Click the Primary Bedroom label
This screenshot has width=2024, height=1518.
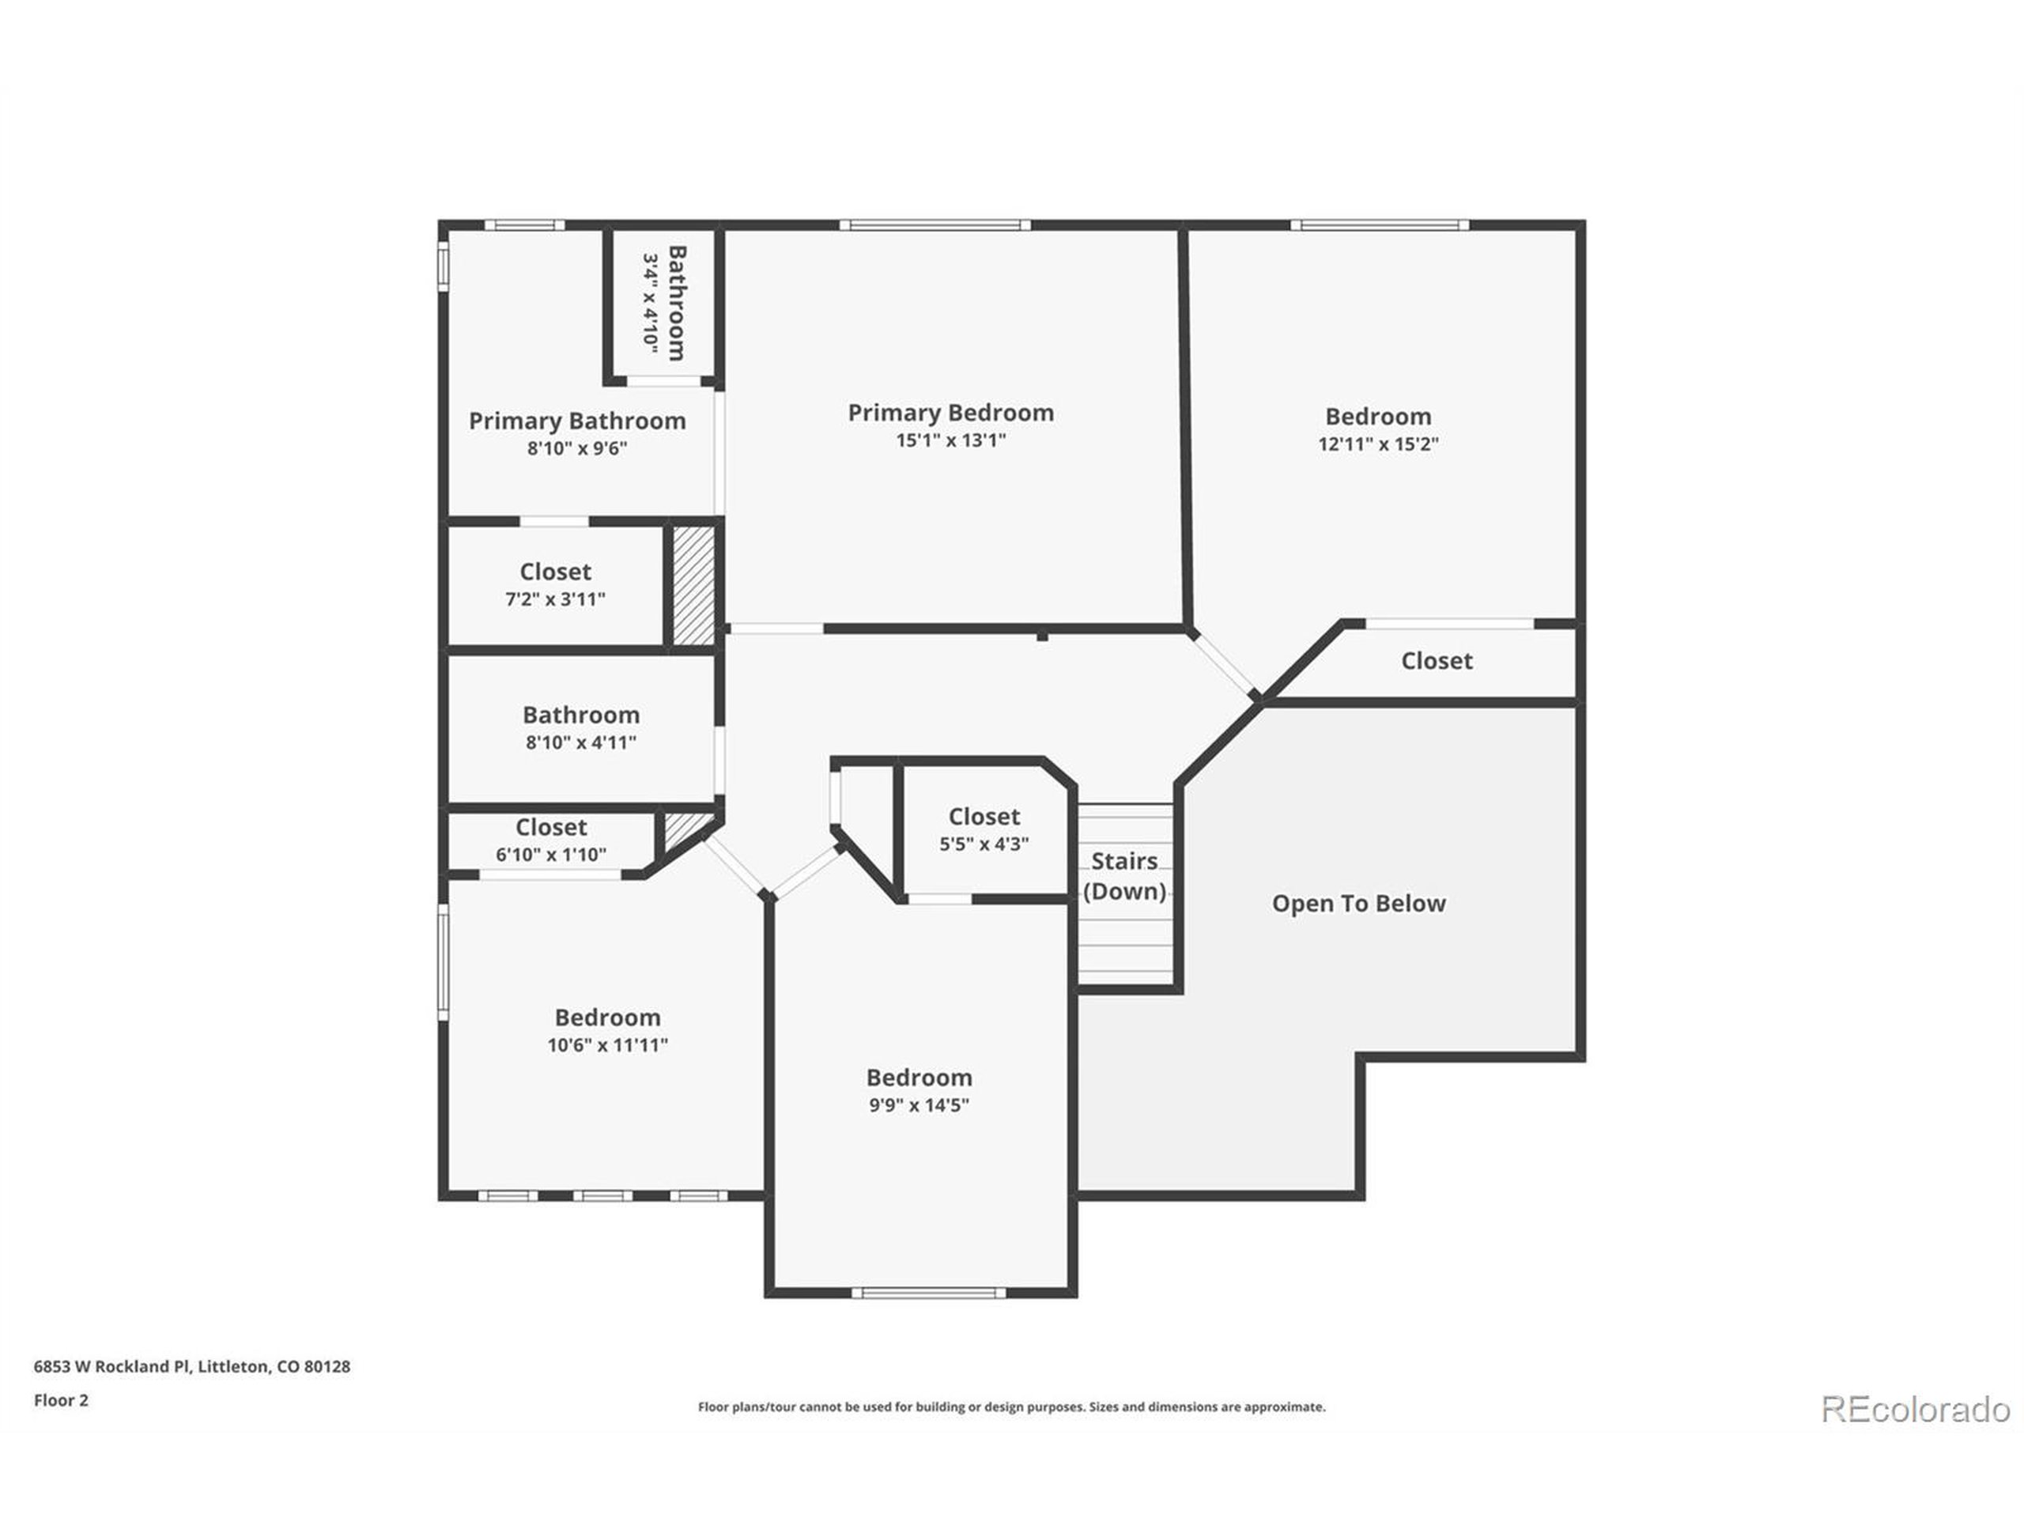tap(950, 413)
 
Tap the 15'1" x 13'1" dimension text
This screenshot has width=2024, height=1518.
tap(950, 440)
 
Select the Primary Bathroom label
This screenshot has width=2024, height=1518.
tap(576, 421)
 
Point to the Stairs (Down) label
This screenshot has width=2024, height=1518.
tap(1123, 876)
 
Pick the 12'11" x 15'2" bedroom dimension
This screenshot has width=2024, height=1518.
tap(1377, 444)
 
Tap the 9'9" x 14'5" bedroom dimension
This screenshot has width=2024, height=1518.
tap(919, 1105)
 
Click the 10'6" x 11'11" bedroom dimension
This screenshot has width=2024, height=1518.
tap(606, 1045)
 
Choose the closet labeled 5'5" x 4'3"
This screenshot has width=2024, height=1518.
tap(984, 830)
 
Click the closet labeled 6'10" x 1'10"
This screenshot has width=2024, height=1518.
tap(550, 840)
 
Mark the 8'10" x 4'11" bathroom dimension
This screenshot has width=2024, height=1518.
tap(580, 743)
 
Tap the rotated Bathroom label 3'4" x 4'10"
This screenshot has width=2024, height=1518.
tap(663, 303)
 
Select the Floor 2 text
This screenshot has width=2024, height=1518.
tap(62, 1400)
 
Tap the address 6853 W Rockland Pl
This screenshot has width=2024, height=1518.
tap(192, 1366)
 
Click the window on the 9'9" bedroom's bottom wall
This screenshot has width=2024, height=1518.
tap(928, 1293)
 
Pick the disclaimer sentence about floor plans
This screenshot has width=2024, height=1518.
tap(1011, 1407)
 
